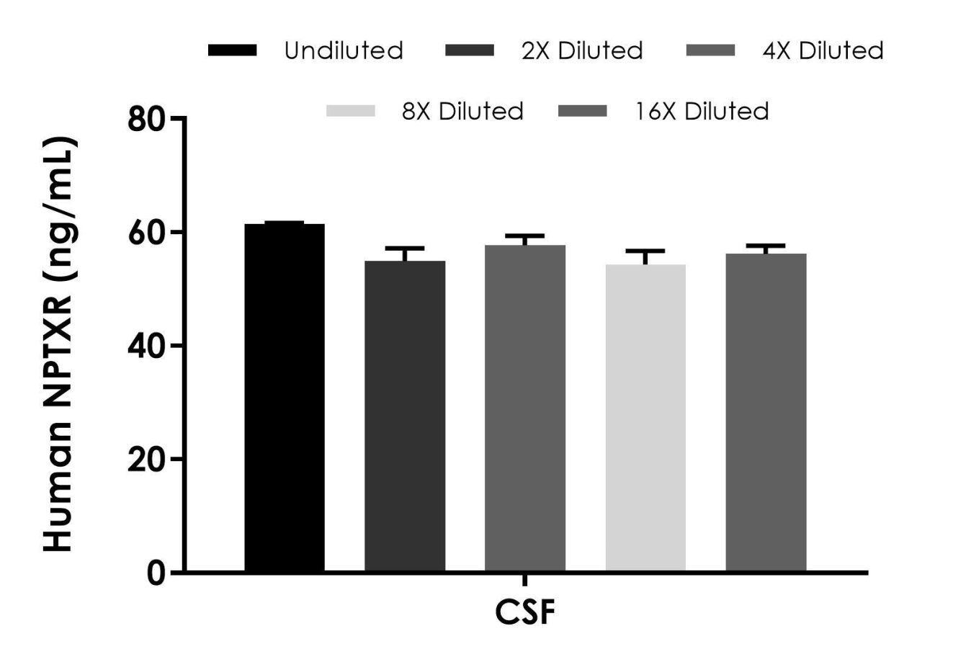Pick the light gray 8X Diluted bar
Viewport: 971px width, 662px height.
tap(645, 418)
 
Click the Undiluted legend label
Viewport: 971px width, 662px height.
tap(344, 51)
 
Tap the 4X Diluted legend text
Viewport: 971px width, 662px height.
tap(823, 51)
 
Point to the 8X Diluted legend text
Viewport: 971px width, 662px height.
tap(462, 112)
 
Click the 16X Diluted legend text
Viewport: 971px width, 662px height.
tap(702, 112)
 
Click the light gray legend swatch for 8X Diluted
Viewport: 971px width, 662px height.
tap(351, 111)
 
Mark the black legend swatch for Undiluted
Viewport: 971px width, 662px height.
tap(232, 50)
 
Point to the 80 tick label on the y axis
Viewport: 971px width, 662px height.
tap(147, 119)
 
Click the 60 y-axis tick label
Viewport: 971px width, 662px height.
tap(147, 233)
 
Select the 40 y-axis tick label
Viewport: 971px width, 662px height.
tap(147, 346)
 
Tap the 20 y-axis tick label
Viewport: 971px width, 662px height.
tap(147, 460)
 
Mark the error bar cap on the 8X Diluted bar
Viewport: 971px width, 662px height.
tap(645, 251)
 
